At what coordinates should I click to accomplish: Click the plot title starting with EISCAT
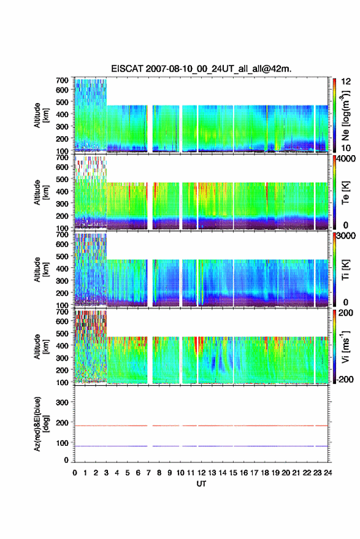click(x=201, y=69)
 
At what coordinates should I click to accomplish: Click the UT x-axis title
click(x=201, y=484)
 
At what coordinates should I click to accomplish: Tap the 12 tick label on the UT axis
click(x=202, y=473)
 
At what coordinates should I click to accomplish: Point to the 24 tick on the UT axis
click(x=327, y=473)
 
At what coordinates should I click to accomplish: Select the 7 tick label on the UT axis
click(x=148, y=473)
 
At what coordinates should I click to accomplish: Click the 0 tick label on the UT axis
click(x=75, y=473)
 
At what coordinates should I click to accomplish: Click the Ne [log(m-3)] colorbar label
click(x=346, y=115)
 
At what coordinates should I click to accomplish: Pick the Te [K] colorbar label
click(x=345, y=193)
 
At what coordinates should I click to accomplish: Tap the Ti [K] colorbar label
click(x=345, y=270)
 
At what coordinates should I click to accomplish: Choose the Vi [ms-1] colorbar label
click(x=345, y=346)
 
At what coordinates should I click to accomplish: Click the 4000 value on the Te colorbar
click(x=347, y=159)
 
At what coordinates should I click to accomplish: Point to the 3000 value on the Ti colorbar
click(x=347, y=236)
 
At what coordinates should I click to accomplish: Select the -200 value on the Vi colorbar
click(x=345, y=380)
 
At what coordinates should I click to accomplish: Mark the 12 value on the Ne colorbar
click(x=346, y=82)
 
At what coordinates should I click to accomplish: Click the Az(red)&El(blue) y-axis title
click(x=40, y=424)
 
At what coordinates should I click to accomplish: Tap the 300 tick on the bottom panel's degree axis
click(x=62, y=402)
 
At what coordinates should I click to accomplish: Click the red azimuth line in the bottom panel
click(x=201, y=426)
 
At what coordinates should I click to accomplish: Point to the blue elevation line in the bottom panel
click(x=201, y=446)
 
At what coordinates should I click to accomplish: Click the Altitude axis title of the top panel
click(x=40, y=115)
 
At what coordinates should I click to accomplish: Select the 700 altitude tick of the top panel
click(x=62, y=80)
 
